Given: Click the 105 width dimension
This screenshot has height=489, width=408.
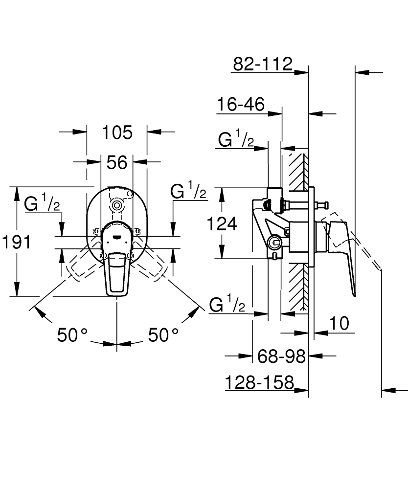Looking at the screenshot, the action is pos(117,133).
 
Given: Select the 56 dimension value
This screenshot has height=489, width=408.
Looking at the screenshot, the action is pos(117,162).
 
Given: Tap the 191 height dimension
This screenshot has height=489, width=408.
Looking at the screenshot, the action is pos(17,242).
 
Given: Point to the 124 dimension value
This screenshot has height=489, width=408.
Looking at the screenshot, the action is pos(222,223).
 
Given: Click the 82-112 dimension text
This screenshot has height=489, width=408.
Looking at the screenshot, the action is pos(263,64).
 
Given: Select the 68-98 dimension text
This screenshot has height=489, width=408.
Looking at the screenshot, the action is pos(281,356).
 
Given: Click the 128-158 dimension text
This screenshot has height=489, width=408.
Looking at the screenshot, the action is pos(259,382).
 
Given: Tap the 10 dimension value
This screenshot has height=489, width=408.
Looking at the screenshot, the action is pos(339,323).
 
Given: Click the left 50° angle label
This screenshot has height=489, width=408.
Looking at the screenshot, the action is pos(72,335).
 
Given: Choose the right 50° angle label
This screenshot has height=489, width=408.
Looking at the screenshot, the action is pos(163,335).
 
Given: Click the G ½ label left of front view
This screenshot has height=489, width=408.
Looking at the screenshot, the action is pos(42,202).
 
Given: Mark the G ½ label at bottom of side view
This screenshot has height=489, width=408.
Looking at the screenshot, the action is pos(227,304).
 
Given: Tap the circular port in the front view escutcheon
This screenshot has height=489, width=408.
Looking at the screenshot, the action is pos(117,205).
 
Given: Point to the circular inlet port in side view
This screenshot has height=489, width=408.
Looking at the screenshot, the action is pos(274,242).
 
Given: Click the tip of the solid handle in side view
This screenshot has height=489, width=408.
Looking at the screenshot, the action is pos(354,296).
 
